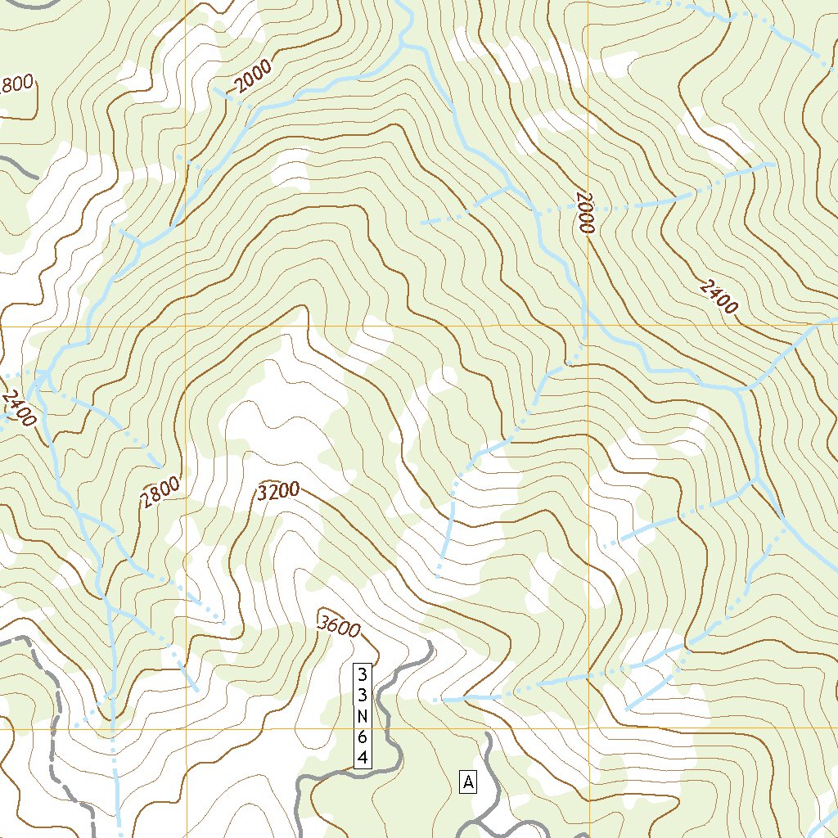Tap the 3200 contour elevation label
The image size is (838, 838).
(278, 492)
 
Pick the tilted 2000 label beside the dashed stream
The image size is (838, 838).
(251, 80)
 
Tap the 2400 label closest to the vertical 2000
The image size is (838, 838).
(719, 296)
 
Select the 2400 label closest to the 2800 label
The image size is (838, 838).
(19, 408)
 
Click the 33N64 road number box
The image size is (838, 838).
(362, 717)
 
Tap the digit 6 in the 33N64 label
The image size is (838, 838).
(362, 738)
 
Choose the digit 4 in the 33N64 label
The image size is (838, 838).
(362, 759)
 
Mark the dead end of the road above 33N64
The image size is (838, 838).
(428, 644)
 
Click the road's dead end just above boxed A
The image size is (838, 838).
(488, 735)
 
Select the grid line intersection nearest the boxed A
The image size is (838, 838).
(588, 728)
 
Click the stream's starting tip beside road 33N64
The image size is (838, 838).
(435, 700)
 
